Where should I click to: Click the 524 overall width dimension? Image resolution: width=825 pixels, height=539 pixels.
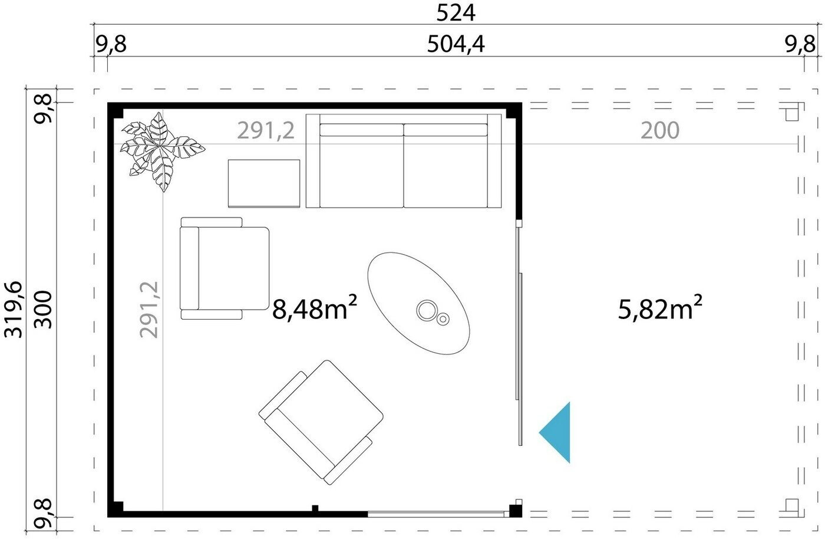(x=456, y=13)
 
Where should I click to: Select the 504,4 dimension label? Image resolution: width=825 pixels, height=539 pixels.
(x=456, y=44)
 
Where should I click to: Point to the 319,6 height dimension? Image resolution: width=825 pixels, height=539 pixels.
(x=13, y=310)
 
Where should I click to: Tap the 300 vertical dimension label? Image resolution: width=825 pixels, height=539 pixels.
(x=44, y=310)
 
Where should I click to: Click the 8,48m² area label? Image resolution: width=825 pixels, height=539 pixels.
(x=315, y=308)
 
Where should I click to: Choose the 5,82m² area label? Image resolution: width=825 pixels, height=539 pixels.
(x=660, y=308)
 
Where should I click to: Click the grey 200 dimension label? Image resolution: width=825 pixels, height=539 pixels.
(x=660, y=130)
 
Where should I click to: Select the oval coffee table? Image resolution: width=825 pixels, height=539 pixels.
(x=418, y=304)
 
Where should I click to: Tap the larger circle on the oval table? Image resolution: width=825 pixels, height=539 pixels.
(x=427, y=310)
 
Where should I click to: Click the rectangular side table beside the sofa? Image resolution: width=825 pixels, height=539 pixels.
(x=264, y=183)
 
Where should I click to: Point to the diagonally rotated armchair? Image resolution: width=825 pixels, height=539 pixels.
(x=321, y=422)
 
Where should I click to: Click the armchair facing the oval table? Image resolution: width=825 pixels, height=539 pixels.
(x=225, y=268)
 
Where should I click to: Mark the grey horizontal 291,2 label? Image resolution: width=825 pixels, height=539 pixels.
(x=266, y=130)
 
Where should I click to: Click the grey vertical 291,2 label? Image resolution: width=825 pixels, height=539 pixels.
(x=148, y=310)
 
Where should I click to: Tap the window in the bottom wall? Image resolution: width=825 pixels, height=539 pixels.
(x=436, y=514)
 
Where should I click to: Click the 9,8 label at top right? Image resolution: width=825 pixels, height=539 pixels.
(x=800, y=44)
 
